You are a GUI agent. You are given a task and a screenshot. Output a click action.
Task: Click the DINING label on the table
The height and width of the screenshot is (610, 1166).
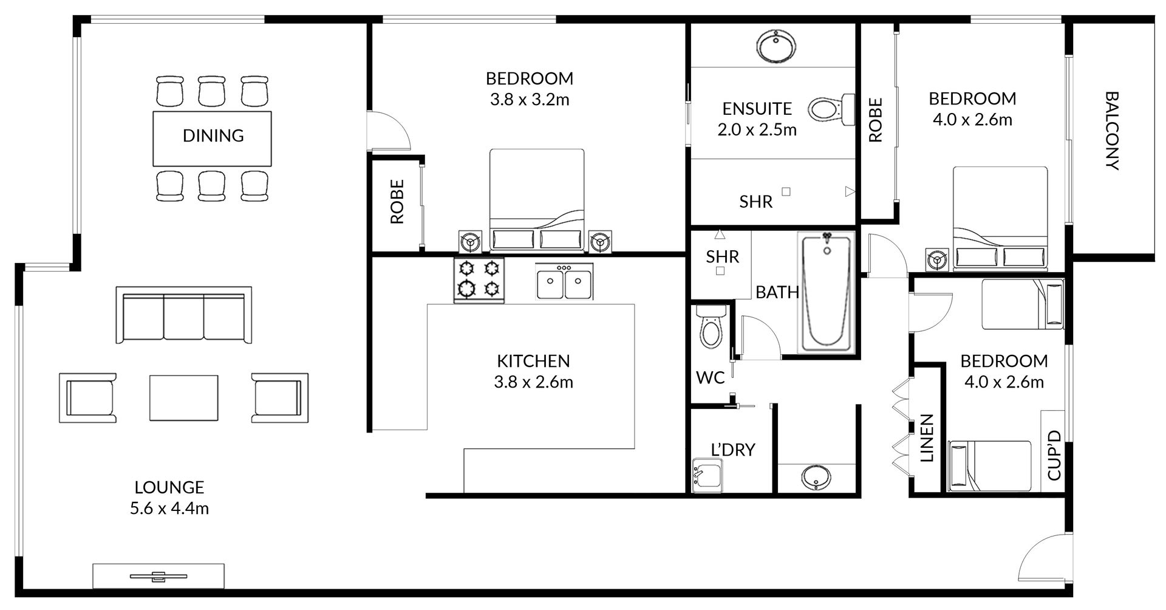click(213, 135)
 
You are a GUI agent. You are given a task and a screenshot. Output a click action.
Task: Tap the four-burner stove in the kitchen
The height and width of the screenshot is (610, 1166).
click(479, 279)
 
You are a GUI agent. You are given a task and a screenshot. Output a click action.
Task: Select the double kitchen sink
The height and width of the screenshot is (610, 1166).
click(564, 282)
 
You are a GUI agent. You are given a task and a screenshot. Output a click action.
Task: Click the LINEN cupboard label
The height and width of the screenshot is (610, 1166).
click(927, 439)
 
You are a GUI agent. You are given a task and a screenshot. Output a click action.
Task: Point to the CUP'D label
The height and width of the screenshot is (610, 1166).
click(1054, 455)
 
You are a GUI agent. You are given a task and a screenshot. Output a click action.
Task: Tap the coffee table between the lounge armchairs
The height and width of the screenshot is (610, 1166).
click(184, 397)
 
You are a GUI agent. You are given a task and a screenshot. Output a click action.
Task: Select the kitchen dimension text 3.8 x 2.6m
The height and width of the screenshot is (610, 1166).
click(534, 382)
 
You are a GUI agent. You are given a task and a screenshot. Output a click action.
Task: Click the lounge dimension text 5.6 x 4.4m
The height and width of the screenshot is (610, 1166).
click(169, 509)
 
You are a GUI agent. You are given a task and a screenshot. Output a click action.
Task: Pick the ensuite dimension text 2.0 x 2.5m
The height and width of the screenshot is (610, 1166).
click(757, 130)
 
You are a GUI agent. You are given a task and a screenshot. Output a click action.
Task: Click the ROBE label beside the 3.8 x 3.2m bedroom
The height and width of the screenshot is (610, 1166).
click(397, 202)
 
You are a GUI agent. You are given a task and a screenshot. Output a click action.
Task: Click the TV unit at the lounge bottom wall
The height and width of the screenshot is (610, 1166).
click(159, 576)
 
